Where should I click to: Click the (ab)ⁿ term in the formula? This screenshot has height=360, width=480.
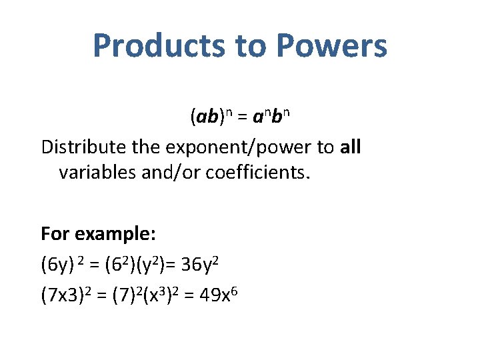[x=209, y=117]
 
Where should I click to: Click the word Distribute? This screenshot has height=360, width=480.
[x=84, y=147]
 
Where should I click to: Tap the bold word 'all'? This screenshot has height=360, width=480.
[x=350, y=147]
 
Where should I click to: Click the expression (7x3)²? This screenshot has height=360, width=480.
[x=69, y=295]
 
